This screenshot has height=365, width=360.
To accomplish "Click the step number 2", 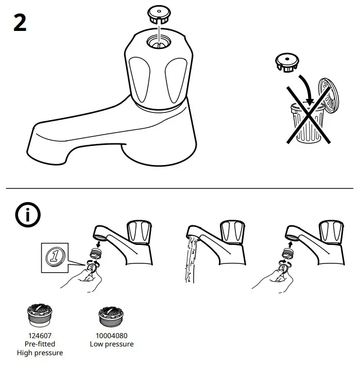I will coord(20,23).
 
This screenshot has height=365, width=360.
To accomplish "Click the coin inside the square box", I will coord(55,256).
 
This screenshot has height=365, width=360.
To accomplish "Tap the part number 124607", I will coord(40,335).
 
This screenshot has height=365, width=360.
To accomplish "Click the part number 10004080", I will coord(112,335).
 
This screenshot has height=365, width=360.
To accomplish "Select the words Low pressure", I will coord(112,344).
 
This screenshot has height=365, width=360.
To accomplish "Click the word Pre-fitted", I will coord(40,344).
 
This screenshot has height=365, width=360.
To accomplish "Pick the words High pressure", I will coord(40,353).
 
